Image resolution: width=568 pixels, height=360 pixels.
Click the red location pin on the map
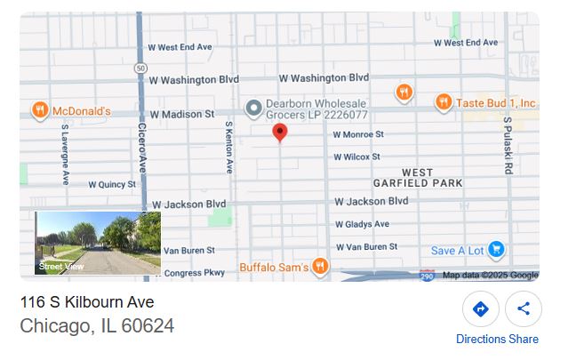click(x=279, y=132)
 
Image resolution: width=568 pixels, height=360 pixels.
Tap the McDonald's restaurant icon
click(x=39, y=110)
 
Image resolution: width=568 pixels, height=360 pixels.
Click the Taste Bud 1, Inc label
click(x=495, y=103)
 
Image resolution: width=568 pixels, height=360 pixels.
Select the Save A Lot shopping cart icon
click(x=496, y=250)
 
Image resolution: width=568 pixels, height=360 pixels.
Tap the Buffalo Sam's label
click(x=274, y=266)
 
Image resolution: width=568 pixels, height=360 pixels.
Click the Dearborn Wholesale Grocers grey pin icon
click(x=253, y=108)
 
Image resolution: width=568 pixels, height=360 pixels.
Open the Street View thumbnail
click(x=98, y=243)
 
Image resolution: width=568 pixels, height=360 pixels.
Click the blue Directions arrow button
click(x=480, y=309)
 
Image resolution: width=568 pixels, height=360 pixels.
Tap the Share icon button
click(x=524, y=309)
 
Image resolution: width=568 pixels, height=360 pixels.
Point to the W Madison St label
click(x=182, y=115)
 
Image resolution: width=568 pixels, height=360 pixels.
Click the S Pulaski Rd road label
click(x=508, y=144)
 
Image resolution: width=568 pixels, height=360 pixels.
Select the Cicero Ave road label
click(x=141, y=148)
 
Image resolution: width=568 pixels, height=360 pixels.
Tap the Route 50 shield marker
click(x=140, y=68)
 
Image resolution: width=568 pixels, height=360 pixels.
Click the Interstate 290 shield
click(x=427, y=276)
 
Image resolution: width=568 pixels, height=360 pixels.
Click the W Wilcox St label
click(x=357, y=157)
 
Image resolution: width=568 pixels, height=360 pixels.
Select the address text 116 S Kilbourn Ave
click(x=87, y=303)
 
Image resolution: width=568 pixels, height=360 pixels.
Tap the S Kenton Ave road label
click(x=228, y=147)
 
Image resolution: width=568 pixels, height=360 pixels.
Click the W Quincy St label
click(x=113, y=185)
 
